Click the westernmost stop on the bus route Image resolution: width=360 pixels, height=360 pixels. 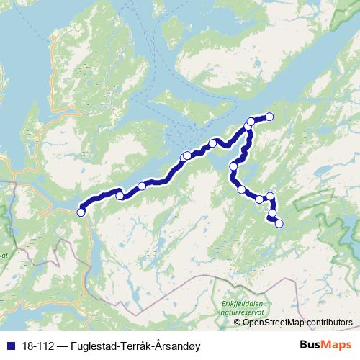[81, 212]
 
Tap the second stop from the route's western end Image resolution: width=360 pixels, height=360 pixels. [120, 195]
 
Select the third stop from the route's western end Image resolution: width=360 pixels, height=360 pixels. [142, 186]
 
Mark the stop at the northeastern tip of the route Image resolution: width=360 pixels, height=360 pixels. [270, 116]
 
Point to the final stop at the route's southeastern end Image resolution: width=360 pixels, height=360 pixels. [279, 223]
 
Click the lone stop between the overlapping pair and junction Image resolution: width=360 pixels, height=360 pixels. [212, 143]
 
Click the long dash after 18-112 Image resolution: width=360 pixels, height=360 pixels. [63, 344]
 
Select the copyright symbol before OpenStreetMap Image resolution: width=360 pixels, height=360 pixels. [238, 322]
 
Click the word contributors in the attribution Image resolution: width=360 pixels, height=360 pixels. [328, 322]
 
